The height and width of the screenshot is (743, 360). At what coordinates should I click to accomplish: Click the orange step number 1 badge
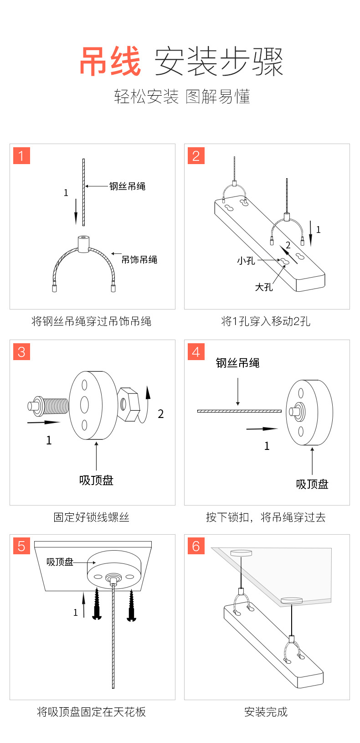[x=21, y=156]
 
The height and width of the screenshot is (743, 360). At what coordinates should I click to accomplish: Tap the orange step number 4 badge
[x=196, y=351]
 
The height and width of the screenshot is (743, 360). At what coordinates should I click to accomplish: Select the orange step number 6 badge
[x=196, y=546]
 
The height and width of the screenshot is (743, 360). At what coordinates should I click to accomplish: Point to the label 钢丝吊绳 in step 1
[x=127, y=186]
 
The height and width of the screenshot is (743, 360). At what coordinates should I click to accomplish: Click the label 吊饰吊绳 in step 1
[x=139, y=260]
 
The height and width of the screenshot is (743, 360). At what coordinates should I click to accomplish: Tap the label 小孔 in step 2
[x=246, y=261]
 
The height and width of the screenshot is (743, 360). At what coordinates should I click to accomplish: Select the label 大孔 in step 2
[x=264, y=287]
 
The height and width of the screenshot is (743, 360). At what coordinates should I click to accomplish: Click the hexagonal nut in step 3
[x=128, y=404]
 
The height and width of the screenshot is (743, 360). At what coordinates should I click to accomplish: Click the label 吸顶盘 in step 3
[x=96, y=480]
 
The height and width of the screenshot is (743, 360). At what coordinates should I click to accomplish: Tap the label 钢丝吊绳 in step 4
[x=237, y=363]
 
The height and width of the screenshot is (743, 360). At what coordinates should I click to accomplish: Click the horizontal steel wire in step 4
[x=239, y=411]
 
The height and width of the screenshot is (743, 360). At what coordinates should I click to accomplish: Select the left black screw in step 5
[x=97, y=604]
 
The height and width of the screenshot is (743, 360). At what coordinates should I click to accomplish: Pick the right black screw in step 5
[x=132, y=605]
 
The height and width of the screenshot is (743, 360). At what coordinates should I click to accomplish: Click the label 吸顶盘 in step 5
[x=60, y=562]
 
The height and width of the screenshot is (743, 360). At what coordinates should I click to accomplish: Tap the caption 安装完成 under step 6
[x=266, y=712]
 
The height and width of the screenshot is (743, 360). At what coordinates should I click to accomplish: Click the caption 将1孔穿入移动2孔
[x=266, y=321]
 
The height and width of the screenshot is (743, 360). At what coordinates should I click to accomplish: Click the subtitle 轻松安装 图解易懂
[x=182, y=97]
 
